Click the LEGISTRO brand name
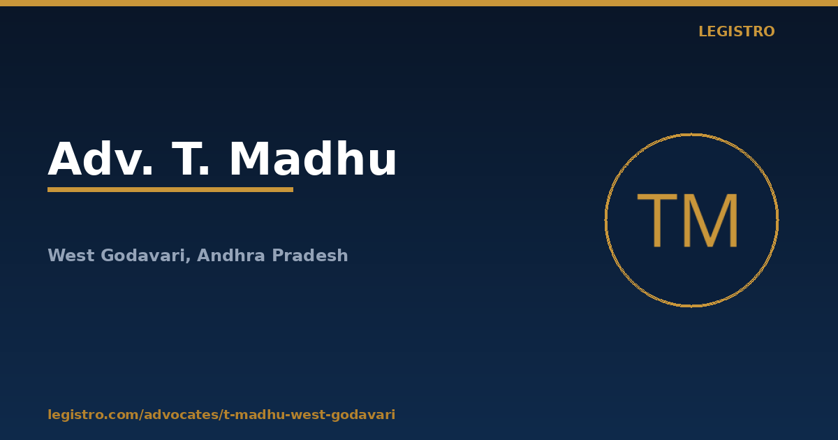737,31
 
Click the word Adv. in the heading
101,159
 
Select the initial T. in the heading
190,159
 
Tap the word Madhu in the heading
313,158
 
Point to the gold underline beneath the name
170,190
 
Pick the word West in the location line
71,256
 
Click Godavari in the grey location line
143,256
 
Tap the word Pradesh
310,256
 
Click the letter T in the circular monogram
657,221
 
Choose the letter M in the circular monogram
711,221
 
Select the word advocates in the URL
182,415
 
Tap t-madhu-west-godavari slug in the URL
309,415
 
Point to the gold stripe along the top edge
419,3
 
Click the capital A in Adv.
65,159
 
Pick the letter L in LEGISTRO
703,31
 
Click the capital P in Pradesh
278,256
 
